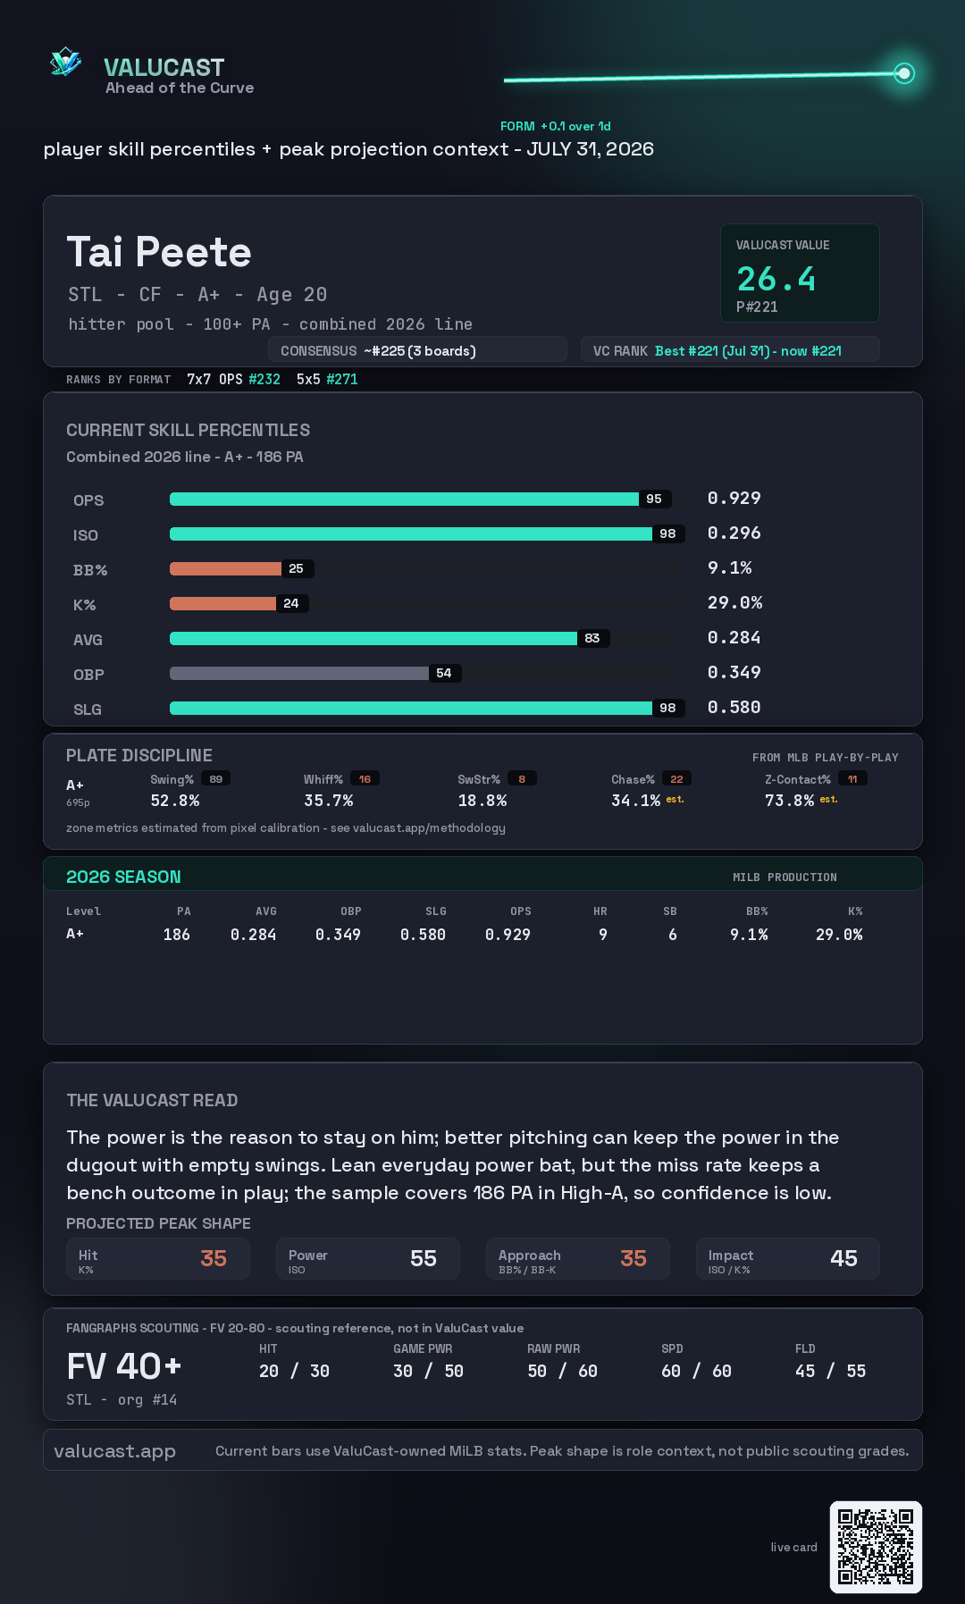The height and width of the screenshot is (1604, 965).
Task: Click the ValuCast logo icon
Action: [x=65, y=62]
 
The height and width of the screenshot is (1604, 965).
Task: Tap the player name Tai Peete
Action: [x=159, y=252]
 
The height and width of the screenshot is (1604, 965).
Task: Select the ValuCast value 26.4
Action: [x=776, y=279]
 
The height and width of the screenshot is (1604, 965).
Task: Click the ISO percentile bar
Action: [x=411, y=533]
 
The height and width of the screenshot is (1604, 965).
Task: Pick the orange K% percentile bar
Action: [x=222, y=603]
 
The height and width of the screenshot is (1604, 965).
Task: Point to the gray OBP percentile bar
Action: [x=299, y=673]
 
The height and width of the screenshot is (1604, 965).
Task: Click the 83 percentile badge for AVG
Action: [x=592, y=638]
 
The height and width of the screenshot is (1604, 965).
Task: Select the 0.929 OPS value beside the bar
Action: [x=734, y=498]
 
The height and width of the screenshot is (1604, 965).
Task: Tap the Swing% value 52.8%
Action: [x=175, y=801]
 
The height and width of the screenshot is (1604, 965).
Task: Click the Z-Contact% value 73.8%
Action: [x=789, y=801]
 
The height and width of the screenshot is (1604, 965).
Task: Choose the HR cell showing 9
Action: [x=603, y=935]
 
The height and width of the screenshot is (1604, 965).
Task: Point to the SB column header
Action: [x=670, y=911]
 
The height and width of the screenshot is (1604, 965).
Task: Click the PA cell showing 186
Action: [x=176, y=935]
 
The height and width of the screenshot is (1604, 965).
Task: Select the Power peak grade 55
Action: [x=424, y=1258]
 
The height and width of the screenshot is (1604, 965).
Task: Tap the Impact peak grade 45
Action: [x=843, y=1258]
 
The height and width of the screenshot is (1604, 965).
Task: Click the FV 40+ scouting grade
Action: [x=124, y=1366]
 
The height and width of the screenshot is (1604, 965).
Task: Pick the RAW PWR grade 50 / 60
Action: [x=562, y=1371]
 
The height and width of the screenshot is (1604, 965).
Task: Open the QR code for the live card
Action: [x=876, y=1547]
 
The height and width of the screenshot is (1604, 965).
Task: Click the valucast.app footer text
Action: [x=114, y=1451]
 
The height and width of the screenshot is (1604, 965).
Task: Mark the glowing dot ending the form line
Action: [x=904, y=73]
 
